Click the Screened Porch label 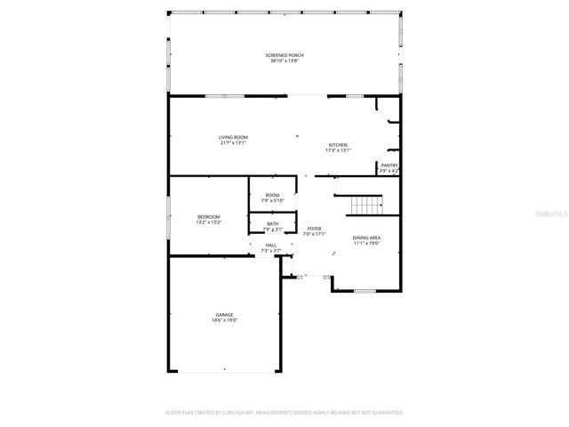pyautogui.click(x=284, y=55)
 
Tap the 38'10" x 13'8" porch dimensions pyautogui.click(x=284, y=61)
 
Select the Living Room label pyautogui.click(x=233, y=137)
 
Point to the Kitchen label pyautogui.click(x=338, y=145)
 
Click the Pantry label pyautogui.click(x=389, y=165)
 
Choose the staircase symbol pyautogui.click(x=365, y=205)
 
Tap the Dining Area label pyautogui.click(x=366, y=237)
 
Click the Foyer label pyautogui.click(x=315, y=229)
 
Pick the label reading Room pyautogui.click(x=272, y=195)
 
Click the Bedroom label pyautogui.click(x=209, y=217)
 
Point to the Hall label pyautogui.click(x=270, y=246)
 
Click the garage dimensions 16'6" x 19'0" pyautogui.click(x=225, y=320)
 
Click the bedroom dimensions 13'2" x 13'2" pyautogui.click(x=209, y=222)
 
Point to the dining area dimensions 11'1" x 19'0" pyautogui.click(x=366, y=242)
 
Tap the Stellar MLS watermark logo pyautogui.click(x=548, y=213)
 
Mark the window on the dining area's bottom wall pyautogui.click(x=365, y=291)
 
